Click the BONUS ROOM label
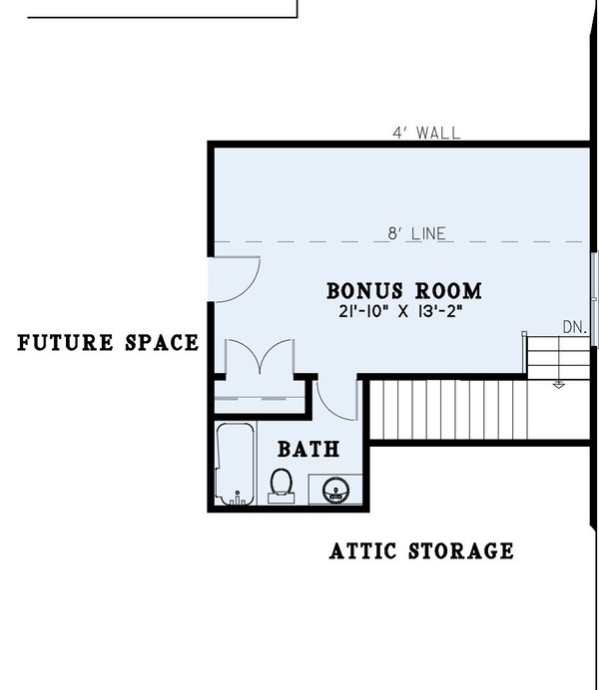click(404, 291)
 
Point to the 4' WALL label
click(427, 132)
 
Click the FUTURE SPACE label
click(108, 343)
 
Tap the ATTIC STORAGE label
click(421, 550)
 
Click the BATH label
click(308, 449)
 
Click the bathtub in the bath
click(236, 464)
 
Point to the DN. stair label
click(574, 327)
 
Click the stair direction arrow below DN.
click(558, 382)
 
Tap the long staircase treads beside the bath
click(449, 409)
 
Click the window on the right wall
click(595, 299)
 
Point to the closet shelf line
click(260, 397)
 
